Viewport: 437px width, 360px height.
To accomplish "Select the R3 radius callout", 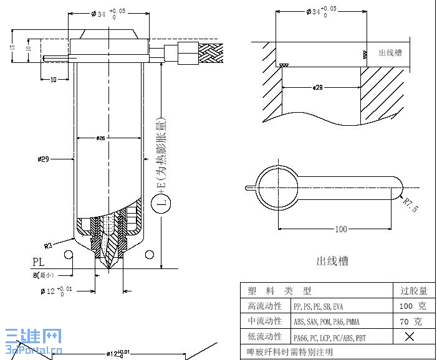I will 52,244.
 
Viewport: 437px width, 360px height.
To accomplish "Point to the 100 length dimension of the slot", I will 340,229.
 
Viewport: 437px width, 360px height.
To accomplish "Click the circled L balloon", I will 162,204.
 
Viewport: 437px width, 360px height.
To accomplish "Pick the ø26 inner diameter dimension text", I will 101,138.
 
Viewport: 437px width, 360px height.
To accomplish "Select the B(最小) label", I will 44,275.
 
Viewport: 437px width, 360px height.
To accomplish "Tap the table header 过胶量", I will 413,291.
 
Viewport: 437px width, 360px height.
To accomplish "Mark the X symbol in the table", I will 410,337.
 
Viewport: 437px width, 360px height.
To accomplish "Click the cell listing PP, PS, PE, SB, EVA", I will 318,306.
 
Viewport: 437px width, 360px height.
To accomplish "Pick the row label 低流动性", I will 265,337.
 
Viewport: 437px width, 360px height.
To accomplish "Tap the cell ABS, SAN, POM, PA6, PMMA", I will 326,322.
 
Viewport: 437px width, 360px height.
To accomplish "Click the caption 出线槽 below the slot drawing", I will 332,261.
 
